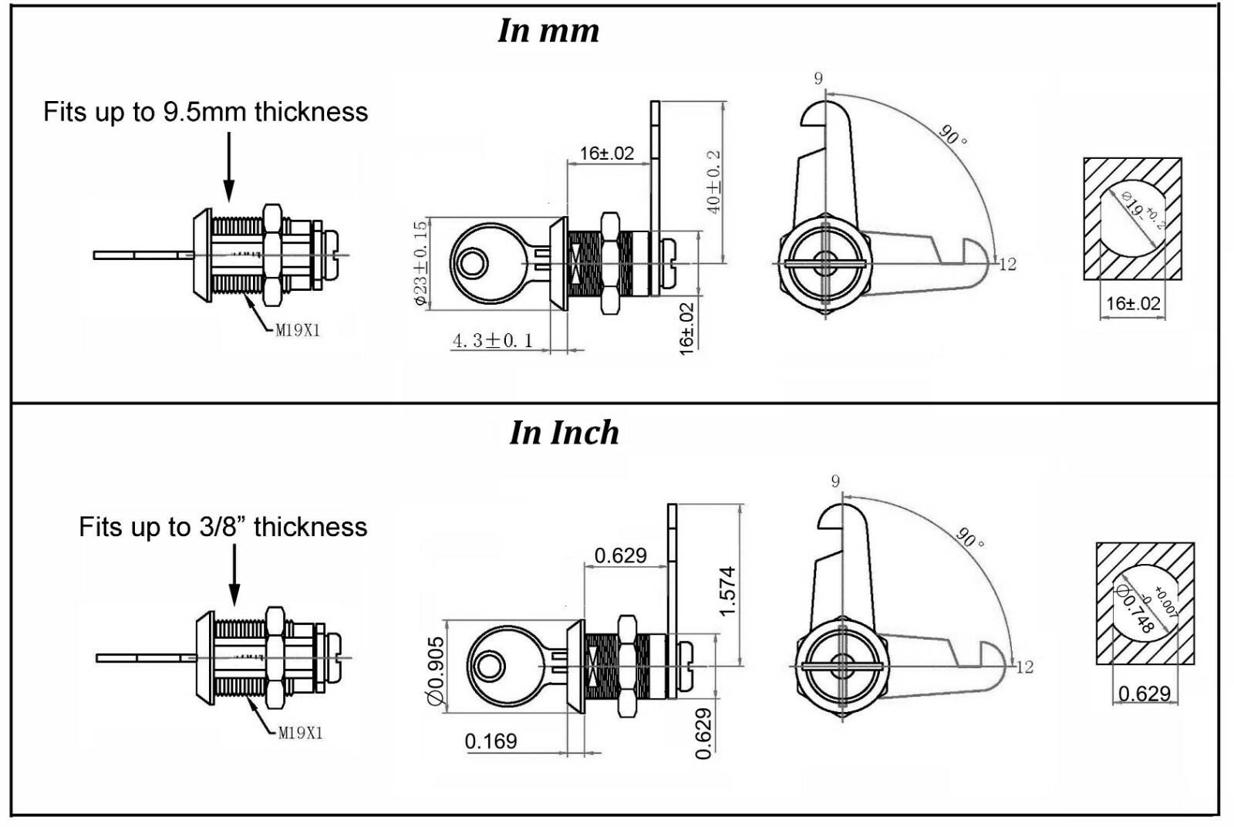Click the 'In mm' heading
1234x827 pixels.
[548, 31]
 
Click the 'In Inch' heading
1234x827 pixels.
[564, 433]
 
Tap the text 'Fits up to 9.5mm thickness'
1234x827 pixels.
[205, 112]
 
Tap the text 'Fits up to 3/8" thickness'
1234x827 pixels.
[223, 527]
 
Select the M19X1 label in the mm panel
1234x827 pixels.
[298, 330]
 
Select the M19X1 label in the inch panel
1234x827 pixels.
[300, 733]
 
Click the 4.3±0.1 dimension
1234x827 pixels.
[493, 340]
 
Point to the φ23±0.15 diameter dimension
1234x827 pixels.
[420, 263]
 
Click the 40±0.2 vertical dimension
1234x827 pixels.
[713, 182]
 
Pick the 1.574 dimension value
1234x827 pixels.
[727, 591]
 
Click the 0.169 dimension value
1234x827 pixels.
[491, 741]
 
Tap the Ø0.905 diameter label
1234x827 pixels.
[436, 670]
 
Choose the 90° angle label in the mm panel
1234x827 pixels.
[953, 134]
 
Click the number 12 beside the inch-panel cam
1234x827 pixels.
[1024, 667]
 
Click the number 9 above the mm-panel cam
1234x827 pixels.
[818, 79]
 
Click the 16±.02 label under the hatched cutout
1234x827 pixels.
[1133, 303]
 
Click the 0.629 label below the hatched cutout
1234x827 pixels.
[1145, 694]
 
